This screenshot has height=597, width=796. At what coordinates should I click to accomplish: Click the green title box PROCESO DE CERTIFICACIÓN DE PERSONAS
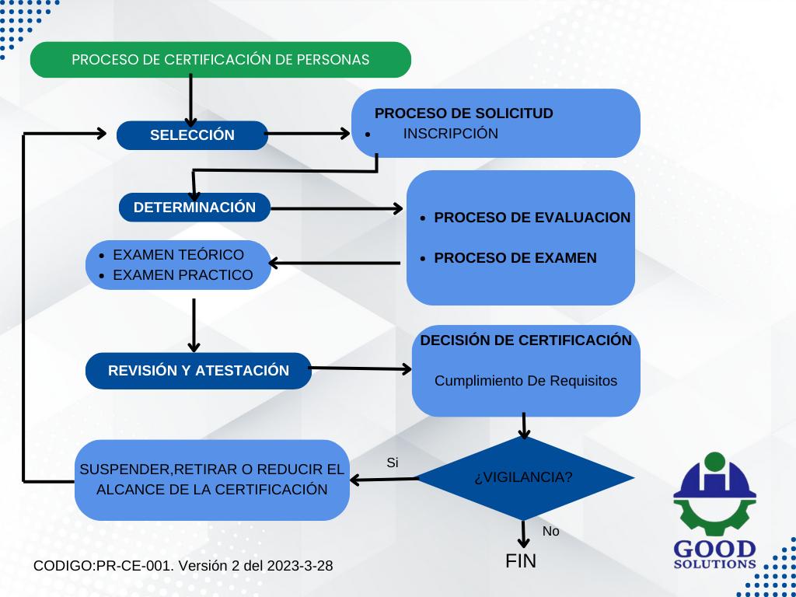[x=220, y=60]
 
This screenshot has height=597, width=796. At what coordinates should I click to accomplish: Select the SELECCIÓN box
[x=192, y=135]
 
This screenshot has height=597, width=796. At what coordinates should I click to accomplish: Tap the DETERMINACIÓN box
[x=194, y=208]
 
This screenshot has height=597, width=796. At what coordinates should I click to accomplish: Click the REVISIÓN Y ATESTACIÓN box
[x=198, y=371]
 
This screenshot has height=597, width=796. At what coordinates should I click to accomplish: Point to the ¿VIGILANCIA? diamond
[x=523, y=477]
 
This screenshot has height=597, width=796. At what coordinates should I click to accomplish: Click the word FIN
[x=521, y=561]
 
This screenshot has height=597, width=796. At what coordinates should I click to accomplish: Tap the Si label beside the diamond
[x=393, y=463]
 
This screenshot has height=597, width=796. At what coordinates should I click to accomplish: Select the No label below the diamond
[x=550, y=532]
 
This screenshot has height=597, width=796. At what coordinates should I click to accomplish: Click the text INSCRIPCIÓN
[x=450, y=134]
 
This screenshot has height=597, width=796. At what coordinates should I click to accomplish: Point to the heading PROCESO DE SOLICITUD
[x=464, y=113]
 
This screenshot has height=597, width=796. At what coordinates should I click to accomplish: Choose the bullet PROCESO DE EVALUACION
[x=532, y=218]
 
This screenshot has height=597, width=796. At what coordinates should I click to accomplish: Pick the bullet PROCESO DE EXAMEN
[x=515, y=258]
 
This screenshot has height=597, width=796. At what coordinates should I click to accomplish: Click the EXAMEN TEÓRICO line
[x=178, y=255]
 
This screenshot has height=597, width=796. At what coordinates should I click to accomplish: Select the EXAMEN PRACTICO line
[x=183, y=275]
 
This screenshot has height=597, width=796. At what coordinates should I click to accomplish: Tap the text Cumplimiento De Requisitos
[x=525, y=381]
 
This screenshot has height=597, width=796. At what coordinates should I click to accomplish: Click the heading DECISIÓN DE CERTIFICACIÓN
[x=525, y=340]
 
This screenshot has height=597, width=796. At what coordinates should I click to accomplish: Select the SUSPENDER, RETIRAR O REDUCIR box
[x=211, y=480]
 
